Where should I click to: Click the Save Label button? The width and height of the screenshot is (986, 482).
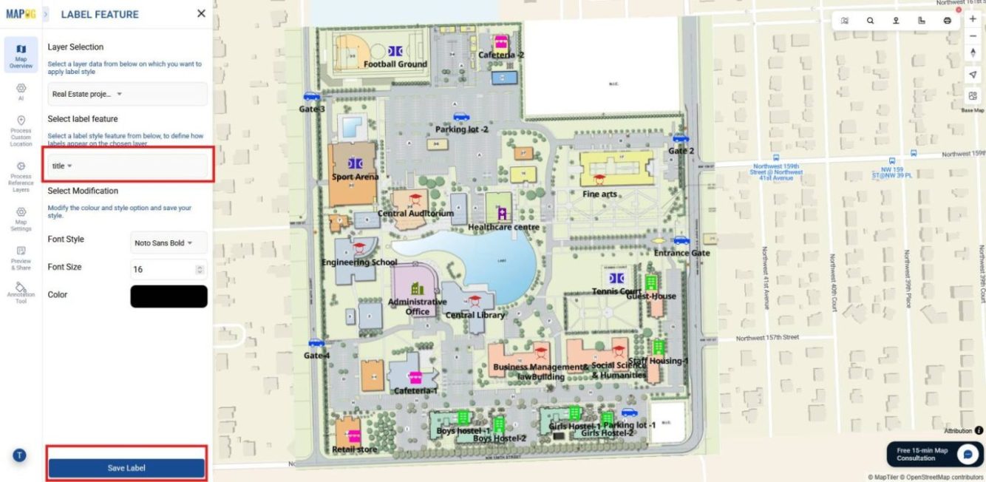click(x=126, y=468)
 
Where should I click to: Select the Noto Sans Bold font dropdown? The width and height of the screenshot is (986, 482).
click(x=169, y=242)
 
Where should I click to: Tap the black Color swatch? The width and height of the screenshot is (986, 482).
click(x=169, y=296)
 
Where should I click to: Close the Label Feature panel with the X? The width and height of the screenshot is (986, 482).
click(x=201, y=13)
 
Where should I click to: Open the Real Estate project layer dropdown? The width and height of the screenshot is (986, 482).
click(x=127, y=94)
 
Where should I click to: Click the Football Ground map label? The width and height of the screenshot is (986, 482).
click(x=395, y=64)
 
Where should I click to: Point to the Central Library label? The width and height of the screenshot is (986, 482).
click(x=475, y=315)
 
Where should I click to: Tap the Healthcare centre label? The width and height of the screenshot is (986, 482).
click(x=503, y=228)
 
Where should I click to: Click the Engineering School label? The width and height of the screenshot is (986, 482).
click(x=359, y=262)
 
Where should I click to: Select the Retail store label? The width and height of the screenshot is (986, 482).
click(x=356, y=449)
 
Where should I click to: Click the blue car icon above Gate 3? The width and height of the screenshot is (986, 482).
click(x=311, y=96)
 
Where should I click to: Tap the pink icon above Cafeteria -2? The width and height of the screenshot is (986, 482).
click(x=501, y=41)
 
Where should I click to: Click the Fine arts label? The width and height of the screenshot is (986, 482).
click(x=599, y=194)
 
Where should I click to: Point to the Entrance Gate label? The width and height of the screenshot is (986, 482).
click(x=681, y=253)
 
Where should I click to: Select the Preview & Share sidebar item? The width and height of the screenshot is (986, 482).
click(x=21, y=258)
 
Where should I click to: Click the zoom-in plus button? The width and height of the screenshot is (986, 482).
click(x=973, y=18)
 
